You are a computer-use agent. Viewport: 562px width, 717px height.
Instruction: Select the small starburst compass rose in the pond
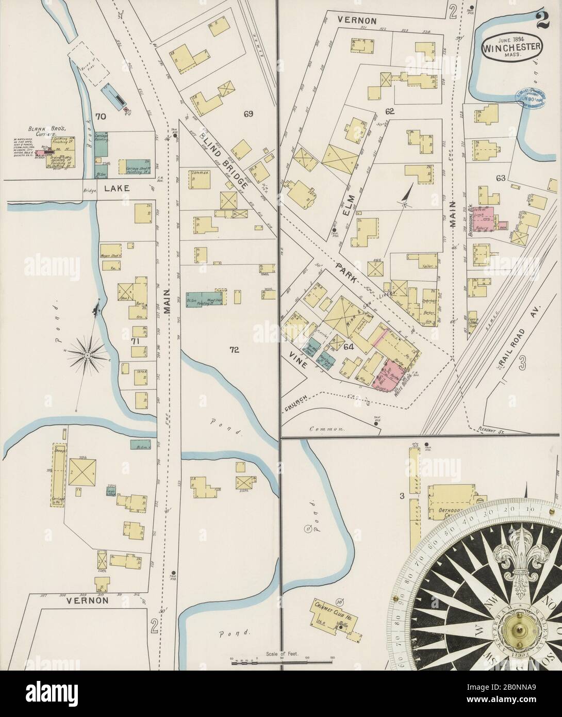[x=88, y=355]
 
